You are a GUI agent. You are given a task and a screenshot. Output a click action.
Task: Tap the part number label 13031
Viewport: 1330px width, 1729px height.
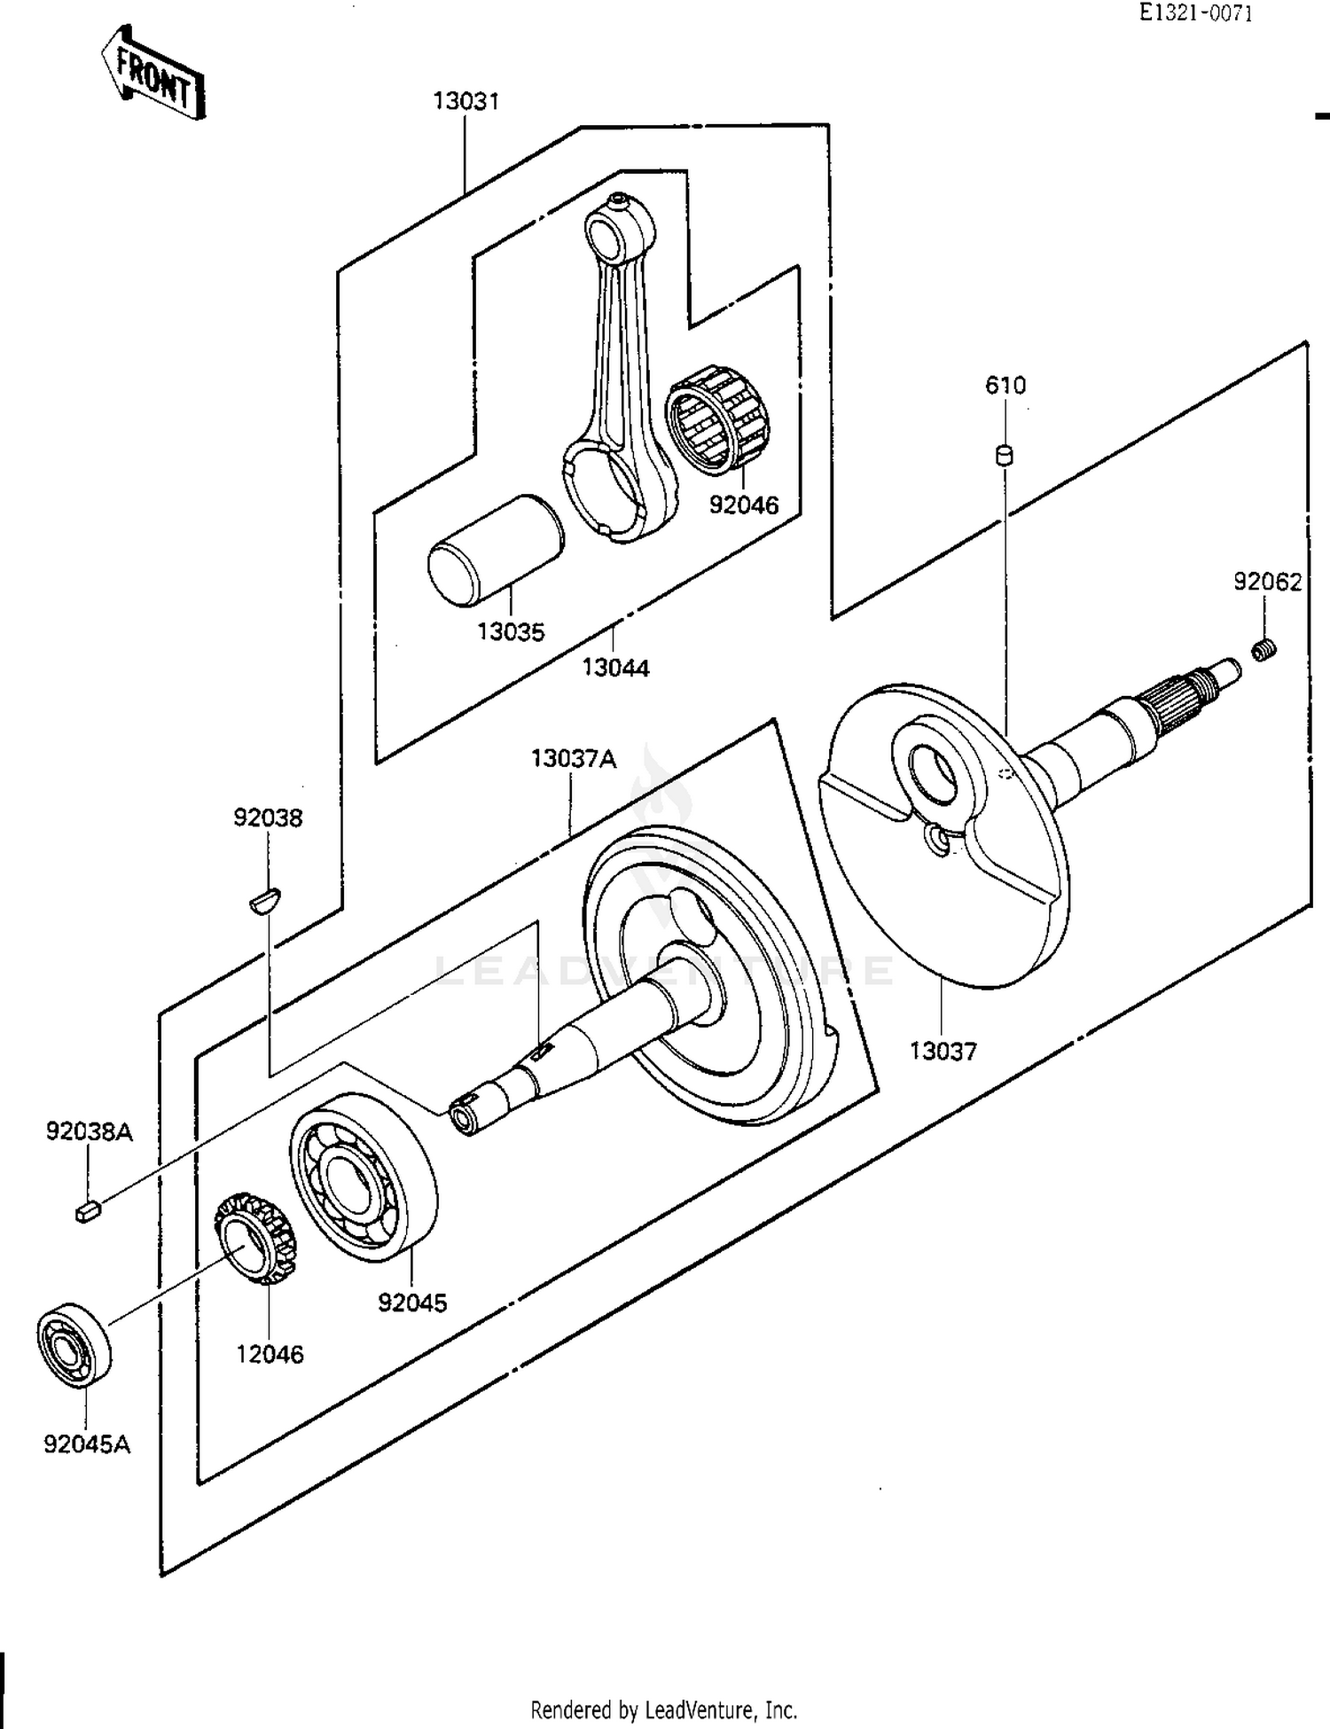pos(465,101)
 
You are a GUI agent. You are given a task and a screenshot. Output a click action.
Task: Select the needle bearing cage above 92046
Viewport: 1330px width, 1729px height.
pos(717,417)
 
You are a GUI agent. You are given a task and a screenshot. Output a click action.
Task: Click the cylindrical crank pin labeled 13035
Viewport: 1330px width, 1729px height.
pos(495,551)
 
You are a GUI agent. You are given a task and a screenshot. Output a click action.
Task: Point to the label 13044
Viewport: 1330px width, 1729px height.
pos(615,668)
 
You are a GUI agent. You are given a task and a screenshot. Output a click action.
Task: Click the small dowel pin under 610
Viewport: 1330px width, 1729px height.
pos(1005,456)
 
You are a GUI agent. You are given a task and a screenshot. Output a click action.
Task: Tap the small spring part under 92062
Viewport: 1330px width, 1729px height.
pos(1264,651)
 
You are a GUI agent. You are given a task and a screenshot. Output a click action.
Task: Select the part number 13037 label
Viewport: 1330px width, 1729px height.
pos(943,1052)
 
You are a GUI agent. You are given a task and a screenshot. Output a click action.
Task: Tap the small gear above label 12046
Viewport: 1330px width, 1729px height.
pos(254,1238)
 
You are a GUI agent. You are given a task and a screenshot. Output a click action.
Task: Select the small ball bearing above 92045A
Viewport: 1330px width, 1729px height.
pos(74,1342)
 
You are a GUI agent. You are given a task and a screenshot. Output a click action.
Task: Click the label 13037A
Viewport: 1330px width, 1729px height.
pos(573,759)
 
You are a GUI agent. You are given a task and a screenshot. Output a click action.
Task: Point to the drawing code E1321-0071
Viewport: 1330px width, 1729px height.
pos(1196,13)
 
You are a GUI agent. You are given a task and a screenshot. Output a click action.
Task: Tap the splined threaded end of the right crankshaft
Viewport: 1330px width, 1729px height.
pos(1179,696)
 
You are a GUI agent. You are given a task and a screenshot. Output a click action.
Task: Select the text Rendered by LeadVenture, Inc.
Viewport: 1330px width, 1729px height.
pos(663,1709)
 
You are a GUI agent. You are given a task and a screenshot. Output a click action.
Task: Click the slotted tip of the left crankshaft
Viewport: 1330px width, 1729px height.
pos(465,1116)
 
